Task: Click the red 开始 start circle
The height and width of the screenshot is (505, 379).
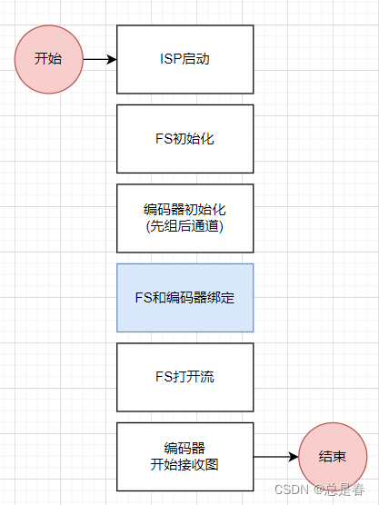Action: click(49, 59)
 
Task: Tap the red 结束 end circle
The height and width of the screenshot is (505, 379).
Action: click(333, 457)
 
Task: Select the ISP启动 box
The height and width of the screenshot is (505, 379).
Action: click(185, 59)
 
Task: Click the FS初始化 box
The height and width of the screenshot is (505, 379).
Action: click(185, 139)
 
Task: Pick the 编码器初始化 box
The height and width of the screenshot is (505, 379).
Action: click(185, 218)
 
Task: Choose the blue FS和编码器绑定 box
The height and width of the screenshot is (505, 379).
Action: click(185, 298)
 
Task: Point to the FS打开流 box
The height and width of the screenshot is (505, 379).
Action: click(185, 377)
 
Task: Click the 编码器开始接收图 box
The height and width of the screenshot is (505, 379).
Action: click(185, 457)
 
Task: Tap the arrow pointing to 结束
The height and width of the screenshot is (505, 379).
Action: click(275, 457)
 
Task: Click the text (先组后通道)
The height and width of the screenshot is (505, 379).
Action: click(185, 226)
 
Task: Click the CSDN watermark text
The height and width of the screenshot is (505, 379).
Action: click(291, 490)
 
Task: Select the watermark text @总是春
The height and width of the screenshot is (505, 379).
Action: click(340, 490)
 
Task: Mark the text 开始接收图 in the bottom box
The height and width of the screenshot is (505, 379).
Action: click(185, 465)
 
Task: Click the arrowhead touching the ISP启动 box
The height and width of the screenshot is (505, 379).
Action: click(112, 60)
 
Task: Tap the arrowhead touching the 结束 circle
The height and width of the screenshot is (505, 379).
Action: click(293, 457)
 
